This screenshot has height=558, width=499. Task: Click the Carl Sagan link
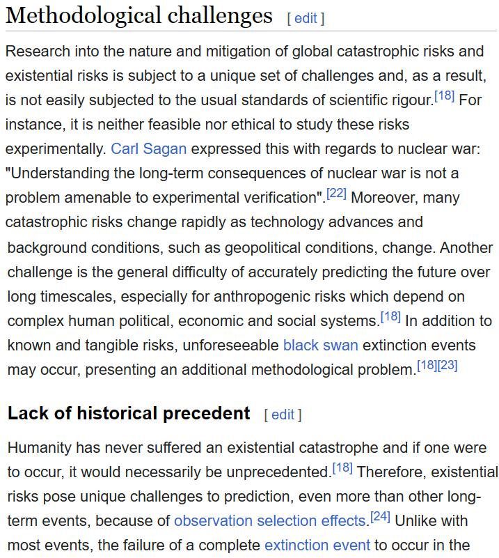(x=149, y=148)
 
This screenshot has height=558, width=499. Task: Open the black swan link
(x=320, y=345)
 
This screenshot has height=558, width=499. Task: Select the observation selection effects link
(x=270, y=520)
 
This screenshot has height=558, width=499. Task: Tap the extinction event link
(x=317, y=545)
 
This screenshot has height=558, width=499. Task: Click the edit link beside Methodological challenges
(x=306, y=19)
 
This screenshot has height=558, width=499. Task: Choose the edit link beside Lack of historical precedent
(x=282, y=415)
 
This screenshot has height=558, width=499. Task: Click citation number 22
(x=336, y=193)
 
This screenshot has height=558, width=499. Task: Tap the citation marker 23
(x=447, y=365)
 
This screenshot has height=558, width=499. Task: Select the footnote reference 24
(x=380, y=517)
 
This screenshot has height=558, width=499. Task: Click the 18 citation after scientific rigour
(x=444, y=95)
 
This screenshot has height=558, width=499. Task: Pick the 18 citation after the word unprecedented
(x=342, y=468)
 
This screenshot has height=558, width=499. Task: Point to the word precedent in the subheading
(x=207, y=413)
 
